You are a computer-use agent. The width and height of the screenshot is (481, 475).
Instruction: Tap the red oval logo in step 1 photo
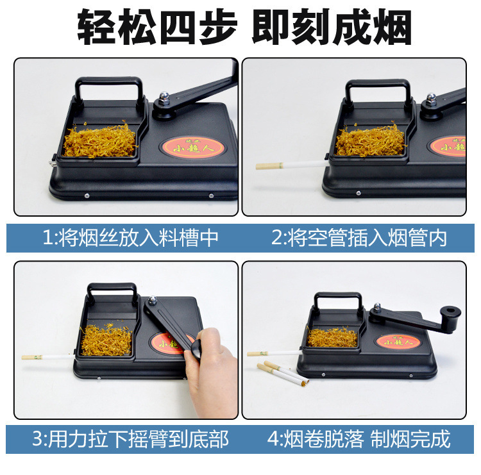click(x=196, y=147)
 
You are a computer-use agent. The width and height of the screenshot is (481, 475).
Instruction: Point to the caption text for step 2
click(x=359, y=238)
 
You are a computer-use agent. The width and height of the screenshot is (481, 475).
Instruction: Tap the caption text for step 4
click(x=359, y=439)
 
